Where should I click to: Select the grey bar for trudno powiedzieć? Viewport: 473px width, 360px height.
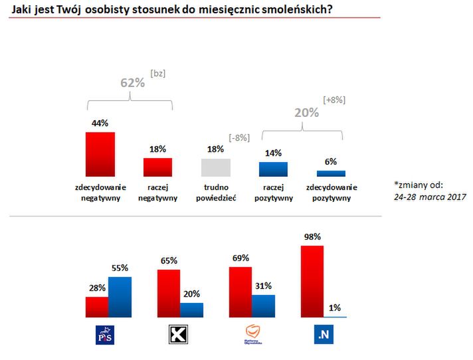point(216,167)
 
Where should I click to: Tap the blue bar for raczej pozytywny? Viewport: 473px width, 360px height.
point(273,169)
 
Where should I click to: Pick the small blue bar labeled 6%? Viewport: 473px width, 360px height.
point(330,173)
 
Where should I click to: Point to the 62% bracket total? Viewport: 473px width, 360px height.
point(132,82)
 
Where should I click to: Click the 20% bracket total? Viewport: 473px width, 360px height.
point(307,113)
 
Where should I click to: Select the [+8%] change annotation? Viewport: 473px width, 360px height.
point(333,100)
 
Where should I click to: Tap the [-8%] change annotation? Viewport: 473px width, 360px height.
point(238,137)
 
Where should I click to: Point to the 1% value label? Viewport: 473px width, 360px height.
point(335,308)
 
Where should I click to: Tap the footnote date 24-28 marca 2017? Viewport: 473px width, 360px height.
point(428,197)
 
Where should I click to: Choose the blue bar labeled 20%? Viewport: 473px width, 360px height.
point(192,310)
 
